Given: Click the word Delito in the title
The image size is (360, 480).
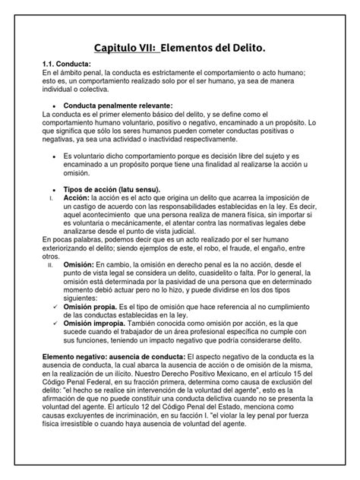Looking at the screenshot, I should tap(244, 48).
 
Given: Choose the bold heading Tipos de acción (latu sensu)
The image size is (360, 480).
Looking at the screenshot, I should tap(114, 188).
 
